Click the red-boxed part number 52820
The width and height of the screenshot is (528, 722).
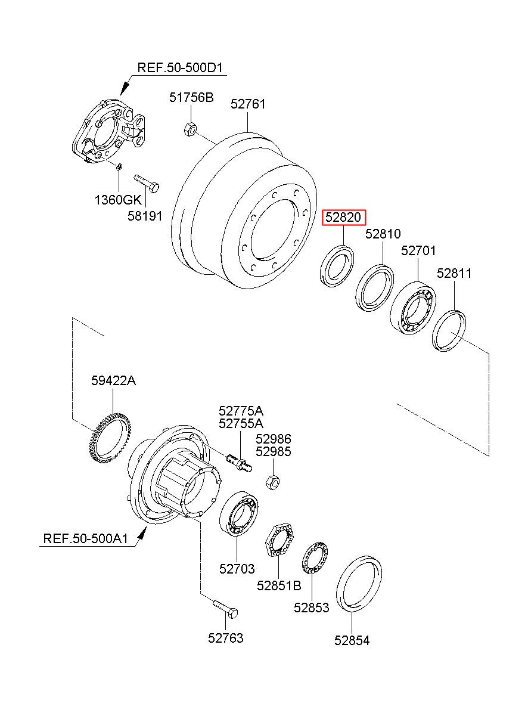coord(344,217)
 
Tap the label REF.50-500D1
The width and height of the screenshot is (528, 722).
coord(180,68)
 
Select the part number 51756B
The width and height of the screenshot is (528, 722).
coord(191,97)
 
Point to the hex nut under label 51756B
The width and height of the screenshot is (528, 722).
coord(190,129)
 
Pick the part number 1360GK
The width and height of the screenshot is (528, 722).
coord(118,200)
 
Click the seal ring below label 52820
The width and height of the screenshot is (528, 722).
coord(337,265)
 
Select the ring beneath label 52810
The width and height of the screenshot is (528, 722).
coord(375,288)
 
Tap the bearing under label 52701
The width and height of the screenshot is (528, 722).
coord(413,308)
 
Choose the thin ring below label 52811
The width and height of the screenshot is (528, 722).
coord(449,330)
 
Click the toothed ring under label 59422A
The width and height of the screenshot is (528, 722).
coord(110,438)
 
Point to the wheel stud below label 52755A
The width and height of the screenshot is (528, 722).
coord(240,463)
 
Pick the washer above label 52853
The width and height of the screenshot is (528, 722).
coord(315,558)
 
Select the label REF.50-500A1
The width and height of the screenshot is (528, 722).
coord(86,538)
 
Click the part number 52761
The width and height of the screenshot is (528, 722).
coord(248,104)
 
